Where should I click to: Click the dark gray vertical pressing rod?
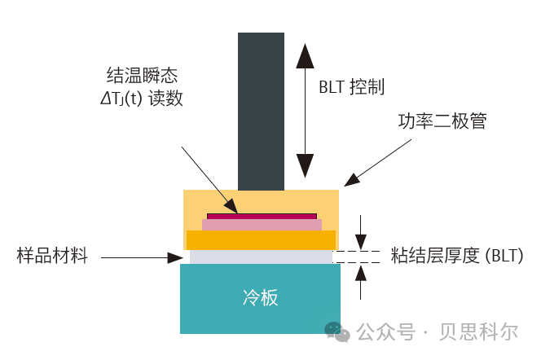point(261,110)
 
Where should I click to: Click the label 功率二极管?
point(442,121)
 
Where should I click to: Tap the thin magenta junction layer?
point(262,216)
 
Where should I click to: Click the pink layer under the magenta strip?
point(262,224)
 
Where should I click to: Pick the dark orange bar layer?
point(261,239)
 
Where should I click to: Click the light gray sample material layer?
point(261,257)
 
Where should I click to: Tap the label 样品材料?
point(51,257)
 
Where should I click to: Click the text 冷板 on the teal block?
point(261,298)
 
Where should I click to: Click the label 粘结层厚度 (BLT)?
point(456,256)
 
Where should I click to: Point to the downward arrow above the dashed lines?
point(361,232)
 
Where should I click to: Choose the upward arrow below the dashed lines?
point(361,280)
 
